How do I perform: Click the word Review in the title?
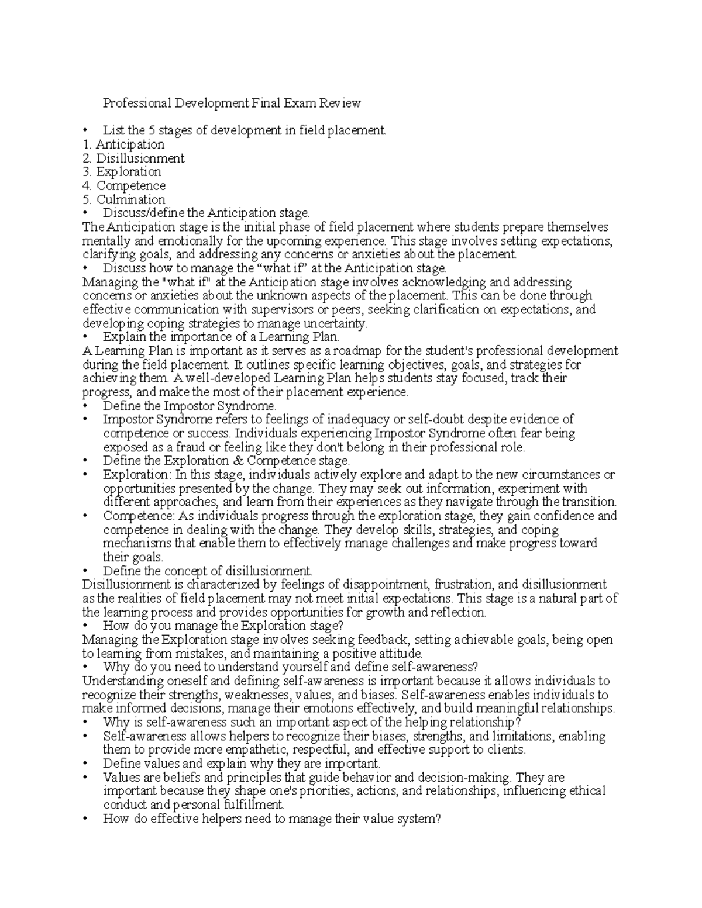click(339, 103)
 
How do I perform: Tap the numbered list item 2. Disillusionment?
click(133, 158)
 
